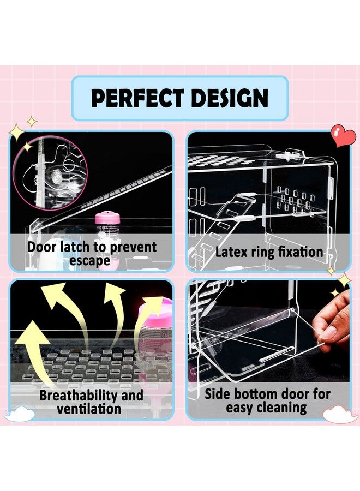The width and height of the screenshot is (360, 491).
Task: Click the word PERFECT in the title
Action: pos(137,98)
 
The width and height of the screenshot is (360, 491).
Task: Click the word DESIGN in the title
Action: pos(230,98)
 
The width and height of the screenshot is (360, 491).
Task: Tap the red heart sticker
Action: pos(344,136)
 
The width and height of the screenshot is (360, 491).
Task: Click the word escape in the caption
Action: pos(89,260)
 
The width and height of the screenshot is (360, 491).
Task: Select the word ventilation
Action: pos(89,409)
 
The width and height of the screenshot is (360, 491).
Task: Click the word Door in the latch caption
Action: pos(42,247)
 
